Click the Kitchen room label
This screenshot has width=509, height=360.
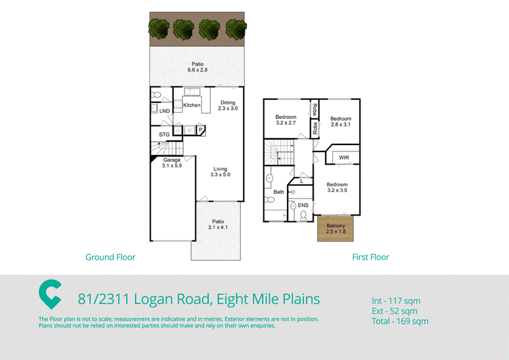(192, 105)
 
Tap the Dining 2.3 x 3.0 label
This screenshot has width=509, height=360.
(228, 106)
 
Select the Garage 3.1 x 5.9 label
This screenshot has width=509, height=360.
(172, 163)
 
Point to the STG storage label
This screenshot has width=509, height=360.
(164, 134)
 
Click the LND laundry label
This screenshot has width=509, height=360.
(165, 111)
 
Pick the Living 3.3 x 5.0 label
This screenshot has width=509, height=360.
(220, 172)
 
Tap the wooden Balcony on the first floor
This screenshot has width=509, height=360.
(335, 228)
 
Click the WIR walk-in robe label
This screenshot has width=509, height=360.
(344, 158)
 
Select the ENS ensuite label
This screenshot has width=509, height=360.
(303, 205)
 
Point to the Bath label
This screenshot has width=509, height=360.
(279, 192)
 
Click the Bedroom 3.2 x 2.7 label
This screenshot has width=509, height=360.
(286, 120)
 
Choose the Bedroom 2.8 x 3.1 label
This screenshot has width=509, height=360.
(341, 121)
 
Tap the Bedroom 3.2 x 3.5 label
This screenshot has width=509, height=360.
(337, 187)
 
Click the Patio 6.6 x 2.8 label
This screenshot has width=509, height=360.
(197, 67)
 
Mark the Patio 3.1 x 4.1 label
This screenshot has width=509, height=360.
(218, 225)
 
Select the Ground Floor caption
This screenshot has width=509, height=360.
(110, 257)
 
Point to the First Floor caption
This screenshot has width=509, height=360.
(370, 257)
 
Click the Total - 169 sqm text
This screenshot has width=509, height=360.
(400, 321)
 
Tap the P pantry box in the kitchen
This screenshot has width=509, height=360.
(200, 130)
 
